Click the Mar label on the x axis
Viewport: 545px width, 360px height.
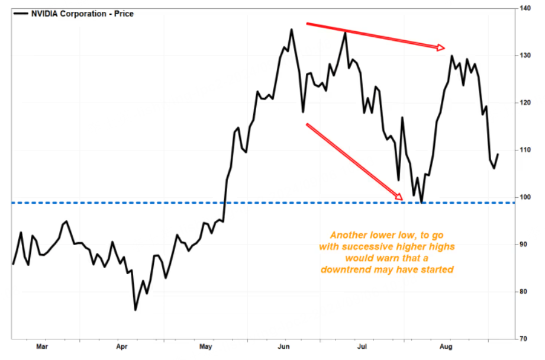click(x=42, y=346)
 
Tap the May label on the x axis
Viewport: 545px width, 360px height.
click(x=205, y=346)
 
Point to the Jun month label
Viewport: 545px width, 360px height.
click(x=284, y=346)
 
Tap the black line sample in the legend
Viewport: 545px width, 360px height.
click(x=21, y=14)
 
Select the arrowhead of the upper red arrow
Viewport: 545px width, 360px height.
click(x=440, y=47)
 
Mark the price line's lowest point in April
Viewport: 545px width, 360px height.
click(x=135, y=310)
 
